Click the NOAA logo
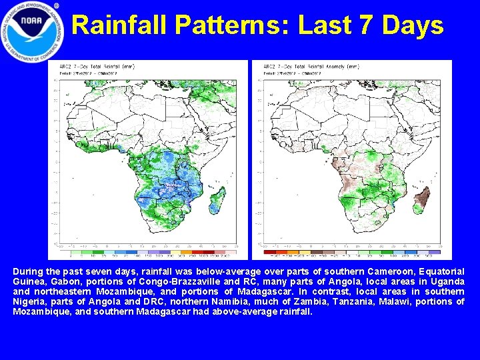(x=33, y=31)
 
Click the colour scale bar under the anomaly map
(x=351, y=251)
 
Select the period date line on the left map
(x=87, y=73)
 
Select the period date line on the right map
(x=290, y=73)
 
